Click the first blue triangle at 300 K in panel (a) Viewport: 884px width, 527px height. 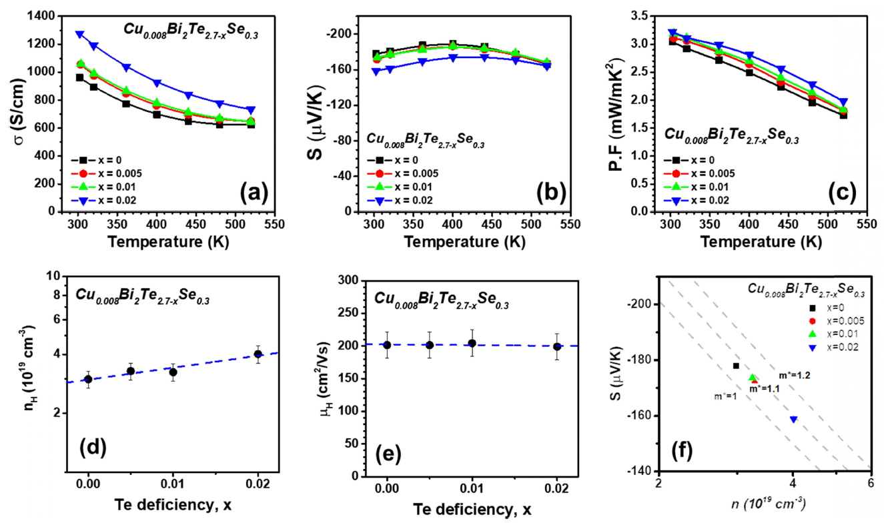click(x=79, y=33)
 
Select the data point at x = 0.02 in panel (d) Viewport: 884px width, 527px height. click(x=258, y=354)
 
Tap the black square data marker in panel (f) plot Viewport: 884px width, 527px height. click(x=736, y=366)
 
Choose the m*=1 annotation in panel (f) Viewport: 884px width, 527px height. click(x=729, y=396)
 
